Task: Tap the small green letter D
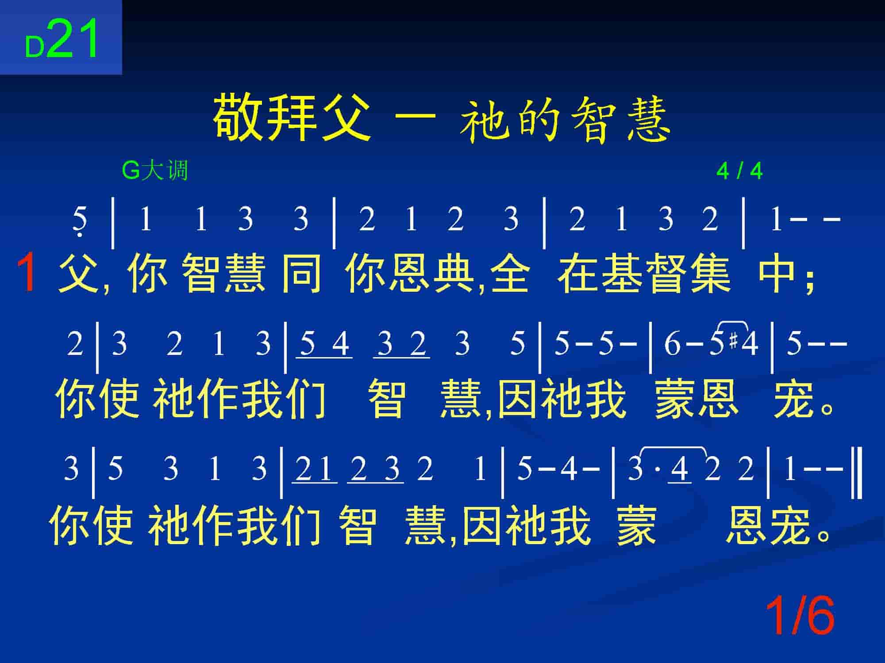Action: tap(35, 47)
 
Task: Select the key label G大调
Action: tap(155, 171)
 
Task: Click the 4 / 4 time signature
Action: tap(739, 171)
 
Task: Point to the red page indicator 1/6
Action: tap(800, 615)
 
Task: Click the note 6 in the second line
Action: tap(672, 344)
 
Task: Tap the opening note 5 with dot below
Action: tap(80, 221)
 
